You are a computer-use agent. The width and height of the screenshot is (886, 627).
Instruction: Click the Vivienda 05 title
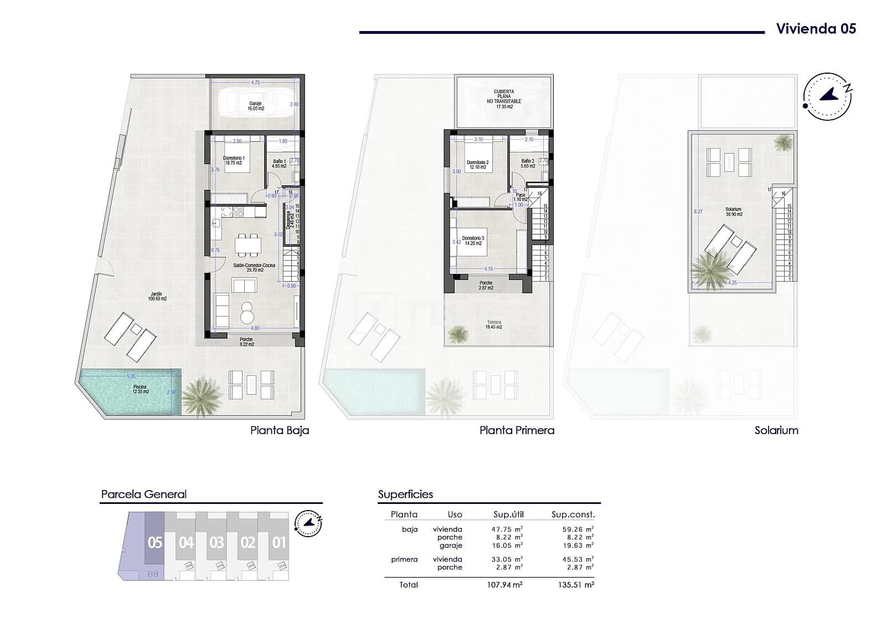pyautogui.click(x=816, y=29)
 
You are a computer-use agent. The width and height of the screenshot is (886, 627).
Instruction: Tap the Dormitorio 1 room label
pyautogui.click(x=234, y=161)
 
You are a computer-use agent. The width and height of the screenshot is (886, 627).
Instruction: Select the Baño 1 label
pyautogui.click(x=279, y=164)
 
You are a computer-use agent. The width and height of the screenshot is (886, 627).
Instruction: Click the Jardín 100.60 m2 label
pyautogui.click(x=157, y=297)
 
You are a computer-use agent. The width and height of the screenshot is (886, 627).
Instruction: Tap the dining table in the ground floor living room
pyautogui.click(x=248, y=244)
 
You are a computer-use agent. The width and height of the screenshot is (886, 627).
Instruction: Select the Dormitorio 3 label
pyautogui.click(x=473, y=240)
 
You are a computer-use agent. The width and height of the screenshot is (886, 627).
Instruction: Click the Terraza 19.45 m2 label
pyautogui.click(x=494, y=324)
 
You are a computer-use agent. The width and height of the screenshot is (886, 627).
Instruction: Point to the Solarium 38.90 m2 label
pyautogui.click(x=734, y=212)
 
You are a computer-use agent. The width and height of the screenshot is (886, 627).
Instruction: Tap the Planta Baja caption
pyautogui.click(x=280, y=430)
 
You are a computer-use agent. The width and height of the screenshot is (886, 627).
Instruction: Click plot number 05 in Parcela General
pyautogui.click(x=155, y=542)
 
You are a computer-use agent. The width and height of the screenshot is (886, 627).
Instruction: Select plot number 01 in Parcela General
pyautogui.click(x=279, y=542)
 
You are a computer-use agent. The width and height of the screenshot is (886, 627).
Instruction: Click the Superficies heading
pyautogui.click(x=405, y=494)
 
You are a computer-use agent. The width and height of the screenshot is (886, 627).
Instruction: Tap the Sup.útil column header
pyautogui.click(x=508, y=514)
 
